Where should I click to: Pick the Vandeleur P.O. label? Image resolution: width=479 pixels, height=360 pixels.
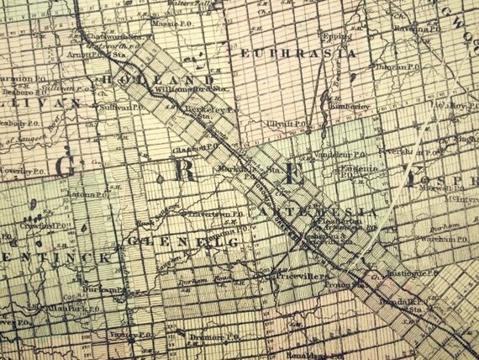pos(340,155)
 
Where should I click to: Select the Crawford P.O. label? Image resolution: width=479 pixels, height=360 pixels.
pos(47,226)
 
